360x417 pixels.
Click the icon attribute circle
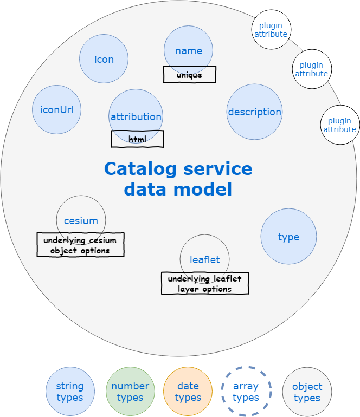click(x=104, y=59)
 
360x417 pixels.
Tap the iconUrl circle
click(x=57, y=110)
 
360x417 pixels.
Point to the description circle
click(x=254, y=112)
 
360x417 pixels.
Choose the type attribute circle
click(x=288, y=237)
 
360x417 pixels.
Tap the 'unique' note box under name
click(x=190, y=75)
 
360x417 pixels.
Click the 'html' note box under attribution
click(x=137, y=139)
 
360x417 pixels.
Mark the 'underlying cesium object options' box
click(x=80, y=245)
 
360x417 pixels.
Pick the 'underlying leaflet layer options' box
click(x=205, y=283)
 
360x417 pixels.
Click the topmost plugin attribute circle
click(x=271, y=29)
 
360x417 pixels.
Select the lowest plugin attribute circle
click(x=340, y=125)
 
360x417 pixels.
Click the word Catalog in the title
click(x=140, y=168)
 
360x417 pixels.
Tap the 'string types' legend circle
click(x=70, y=392)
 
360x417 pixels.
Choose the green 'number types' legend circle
click(x=130, y=392)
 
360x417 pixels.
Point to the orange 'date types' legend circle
click(x=188, y=392)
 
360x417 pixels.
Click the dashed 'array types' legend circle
click(x=246, y=392)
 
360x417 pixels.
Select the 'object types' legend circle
click(x=307, y=392)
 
